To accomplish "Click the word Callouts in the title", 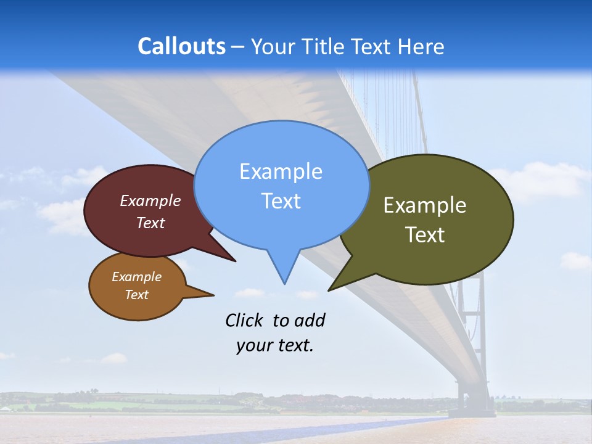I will pyautogui.click(x=181, y=46).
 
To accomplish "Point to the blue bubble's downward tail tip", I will pyautogui.click(x=284, y=283).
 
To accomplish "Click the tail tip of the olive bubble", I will pyautogui.click(x=329, y=289).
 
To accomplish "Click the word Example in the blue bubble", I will pyautogui.click(x=281, y=171).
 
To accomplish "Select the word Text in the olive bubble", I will pyautogui.click(x=425, y=235).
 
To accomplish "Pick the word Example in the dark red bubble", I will pyautogui.click(x=150, y=200).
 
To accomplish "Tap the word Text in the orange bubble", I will pyautogui.click(x=136, y=295).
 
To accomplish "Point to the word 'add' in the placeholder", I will pyautogui.click(x=309, y=320).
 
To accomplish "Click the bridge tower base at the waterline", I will pyautogui.click(x=475, y=409).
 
